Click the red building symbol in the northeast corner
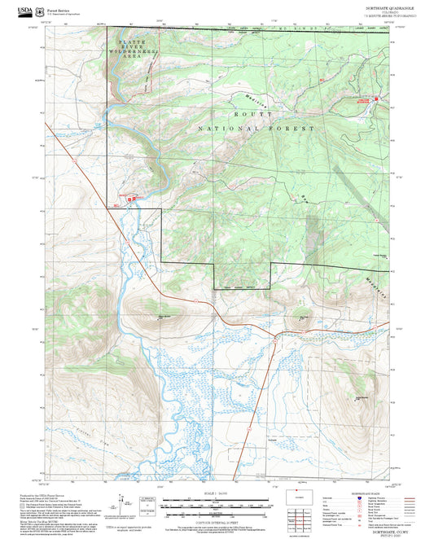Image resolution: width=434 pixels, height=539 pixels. [x=377, y=99]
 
